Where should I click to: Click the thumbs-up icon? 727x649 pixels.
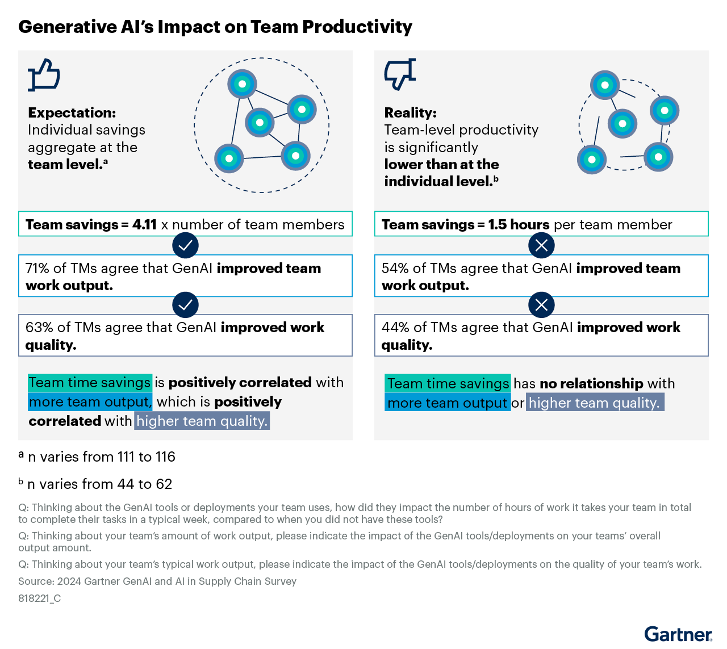point(44,75)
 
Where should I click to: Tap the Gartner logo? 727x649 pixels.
point(678,634)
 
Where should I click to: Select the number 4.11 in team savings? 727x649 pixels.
point(144,224)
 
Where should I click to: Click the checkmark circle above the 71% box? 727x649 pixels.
point(185,245)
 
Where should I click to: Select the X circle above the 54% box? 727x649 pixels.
point(541,245)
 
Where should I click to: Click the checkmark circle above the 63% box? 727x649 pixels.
point(185,305)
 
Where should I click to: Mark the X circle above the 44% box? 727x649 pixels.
point(541,305)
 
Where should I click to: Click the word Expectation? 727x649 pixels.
point(72,112)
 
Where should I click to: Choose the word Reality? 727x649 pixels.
point(410,112)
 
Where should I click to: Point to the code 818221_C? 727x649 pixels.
point(39,598)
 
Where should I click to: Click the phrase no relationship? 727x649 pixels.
point(591,383)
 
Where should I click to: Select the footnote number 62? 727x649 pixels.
point(164,484)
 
